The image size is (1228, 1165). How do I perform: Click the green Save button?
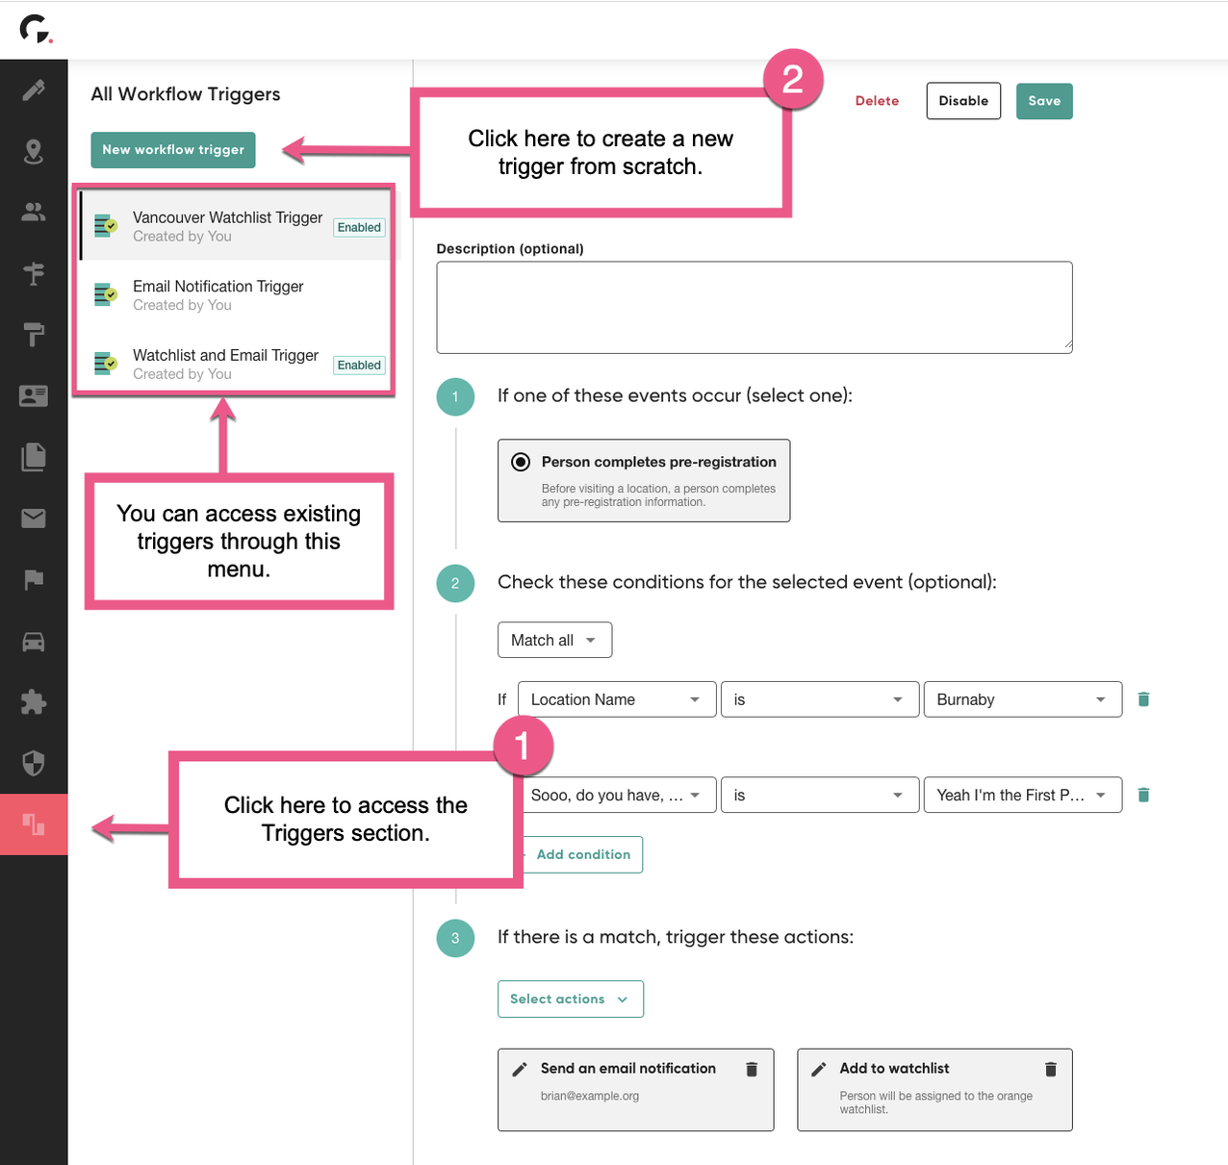point(1043,101)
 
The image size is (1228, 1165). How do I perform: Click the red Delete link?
point(877,101)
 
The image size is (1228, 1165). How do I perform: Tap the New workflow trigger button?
point(173,150)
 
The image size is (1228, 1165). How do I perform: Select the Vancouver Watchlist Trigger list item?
point(227,226)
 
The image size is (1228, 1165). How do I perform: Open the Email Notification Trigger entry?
point(218,294)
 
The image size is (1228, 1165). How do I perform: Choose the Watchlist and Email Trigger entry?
point(225,364)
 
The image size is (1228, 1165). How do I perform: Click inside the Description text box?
point(754,307)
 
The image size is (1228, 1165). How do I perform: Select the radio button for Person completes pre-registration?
point(521,462)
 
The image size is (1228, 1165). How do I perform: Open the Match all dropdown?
point(554,641)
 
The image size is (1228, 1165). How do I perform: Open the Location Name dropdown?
point(616,699)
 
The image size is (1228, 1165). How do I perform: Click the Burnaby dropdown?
point(1022,699)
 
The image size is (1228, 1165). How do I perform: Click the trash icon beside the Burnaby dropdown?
point(1143,699)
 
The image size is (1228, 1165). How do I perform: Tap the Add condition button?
point(583,854)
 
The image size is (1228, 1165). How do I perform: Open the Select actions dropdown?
point(570,1000)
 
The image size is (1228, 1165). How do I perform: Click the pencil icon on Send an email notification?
point(520,1069)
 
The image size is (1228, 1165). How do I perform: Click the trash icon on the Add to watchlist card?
point(1051,1069)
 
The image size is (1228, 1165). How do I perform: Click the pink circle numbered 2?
point(793,79)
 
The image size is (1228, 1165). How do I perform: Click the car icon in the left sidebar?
point(34,642)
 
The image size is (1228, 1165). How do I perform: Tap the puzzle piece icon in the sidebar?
point(34,702)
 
